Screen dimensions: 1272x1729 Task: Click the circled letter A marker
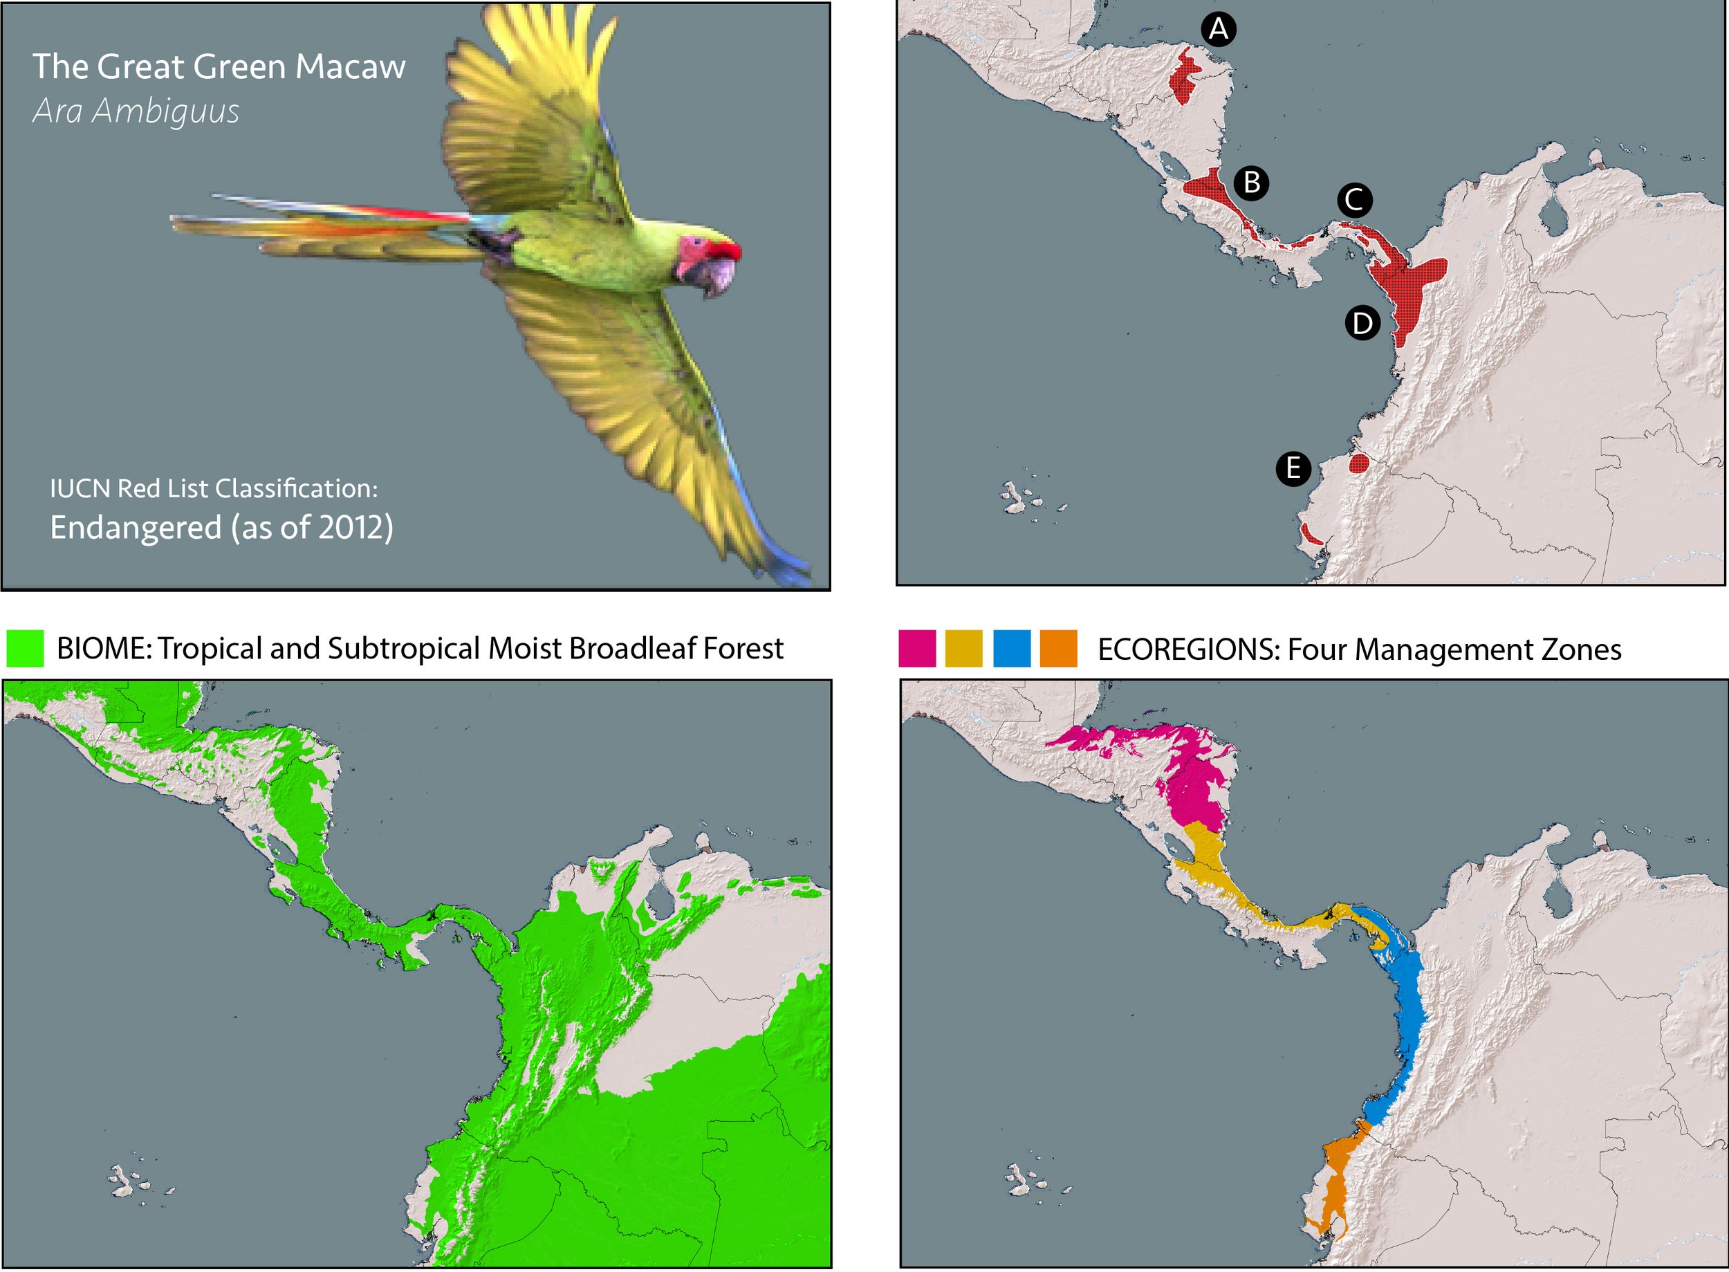tap(1218, 29)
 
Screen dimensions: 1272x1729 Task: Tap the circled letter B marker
tap(1252, 183)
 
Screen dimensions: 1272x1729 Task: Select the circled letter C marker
tap(1354, 200)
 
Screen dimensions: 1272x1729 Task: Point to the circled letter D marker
tap(1362, 322)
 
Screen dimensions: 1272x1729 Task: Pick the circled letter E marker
tap(1293, 468)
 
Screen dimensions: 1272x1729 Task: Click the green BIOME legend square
tap(25, 648)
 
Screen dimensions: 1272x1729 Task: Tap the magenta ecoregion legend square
tap(918, 648)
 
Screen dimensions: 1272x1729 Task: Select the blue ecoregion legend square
tap(1012, 648)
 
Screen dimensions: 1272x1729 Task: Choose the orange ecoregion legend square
tap(1058, 648)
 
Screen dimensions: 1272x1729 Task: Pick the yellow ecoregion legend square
tap(964, 648)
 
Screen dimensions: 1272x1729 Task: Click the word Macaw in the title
tap(350, 67)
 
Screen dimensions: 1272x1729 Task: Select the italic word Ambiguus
tap(165, 111)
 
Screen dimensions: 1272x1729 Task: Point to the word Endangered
tap(136, 528)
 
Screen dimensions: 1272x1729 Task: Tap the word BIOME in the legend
tap(104, 649)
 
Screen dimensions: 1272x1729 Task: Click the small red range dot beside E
tap(1360, 463)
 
